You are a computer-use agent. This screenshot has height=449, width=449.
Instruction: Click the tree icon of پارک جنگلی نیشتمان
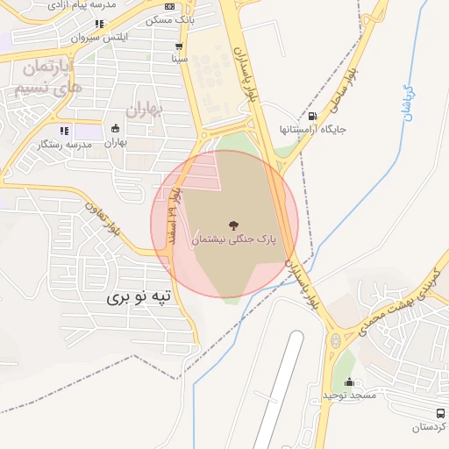click(x=232, y=224)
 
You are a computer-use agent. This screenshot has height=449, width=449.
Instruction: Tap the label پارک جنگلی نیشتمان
click(x=233, y=239)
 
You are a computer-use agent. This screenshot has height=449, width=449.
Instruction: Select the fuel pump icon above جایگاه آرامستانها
click(x=313, y=117)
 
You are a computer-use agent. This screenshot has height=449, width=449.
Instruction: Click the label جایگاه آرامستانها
click(x=313, y=130)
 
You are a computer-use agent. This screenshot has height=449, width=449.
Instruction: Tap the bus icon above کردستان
click(x=439, y=413)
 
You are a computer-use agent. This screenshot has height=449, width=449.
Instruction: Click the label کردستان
click(x=430, y=427)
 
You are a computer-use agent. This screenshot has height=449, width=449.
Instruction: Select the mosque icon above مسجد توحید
click(x=350, y=382)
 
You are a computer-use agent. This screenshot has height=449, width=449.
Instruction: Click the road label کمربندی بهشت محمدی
click(x=396, y=303)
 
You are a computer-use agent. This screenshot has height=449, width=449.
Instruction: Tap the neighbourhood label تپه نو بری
click(x=141, y=298)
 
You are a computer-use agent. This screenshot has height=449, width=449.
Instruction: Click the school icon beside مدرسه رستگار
click(x=64, y=131)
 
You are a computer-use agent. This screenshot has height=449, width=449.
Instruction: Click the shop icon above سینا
click(x=180, y=47)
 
